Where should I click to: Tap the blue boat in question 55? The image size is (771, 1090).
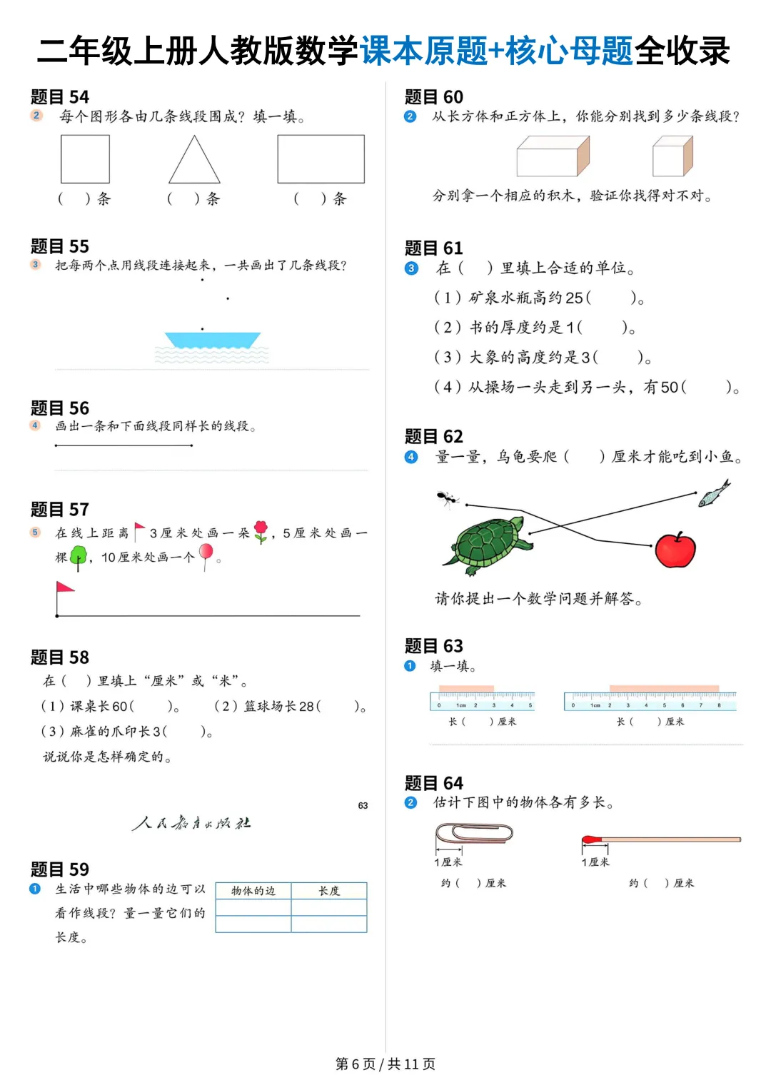click(x=212, y=340)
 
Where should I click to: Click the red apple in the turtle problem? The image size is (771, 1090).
click(x=675, y=550)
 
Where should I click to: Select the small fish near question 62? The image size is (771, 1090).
click(x=714, y=493)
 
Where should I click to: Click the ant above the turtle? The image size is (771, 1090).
click(x=447, y=498)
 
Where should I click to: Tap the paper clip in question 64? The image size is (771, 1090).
click(x=474, y=833)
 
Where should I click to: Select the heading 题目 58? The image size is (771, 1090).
click(x=60, y=657)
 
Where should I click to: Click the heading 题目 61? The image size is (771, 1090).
click(x=434, y=248)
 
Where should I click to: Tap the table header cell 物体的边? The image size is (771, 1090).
click(x=253, y=891)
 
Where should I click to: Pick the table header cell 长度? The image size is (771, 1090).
click(x=329, y=891)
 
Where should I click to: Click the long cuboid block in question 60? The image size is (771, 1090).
click(x=553, y=157)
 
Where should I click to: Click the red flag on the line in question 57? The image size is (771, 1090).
click(x=64, y=588)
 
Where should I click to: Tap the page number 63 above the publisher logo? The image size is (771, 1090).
click(x=363, y=806)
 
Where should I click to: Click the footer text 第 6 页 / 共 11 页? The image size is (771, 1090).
click(x=385, y=1064)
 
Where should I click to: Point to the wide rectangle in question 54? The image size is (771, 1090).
click(x=321, y=158)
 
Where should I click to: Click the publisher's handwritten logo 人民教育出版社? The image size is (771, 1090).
click(x=191, y=823)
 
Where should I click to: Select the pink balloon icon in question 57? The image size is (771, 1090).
click(x=206, y=553)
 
